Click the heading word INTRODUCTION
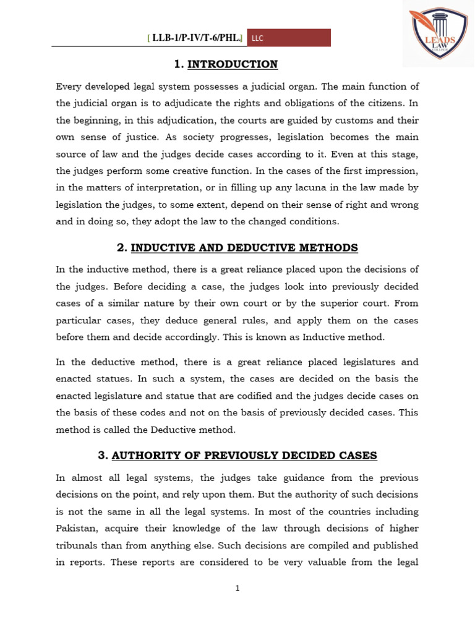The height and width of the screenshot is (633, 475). tap(233, 64)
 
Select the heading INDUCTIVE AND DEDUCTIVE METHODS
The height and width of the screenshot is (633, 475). tap(244, 248)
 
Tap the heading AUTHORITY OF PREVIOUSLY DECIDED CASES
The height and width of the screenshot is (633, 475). tap(244, 456)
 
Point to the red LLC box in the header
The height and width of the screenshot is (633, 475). tap(288, 38)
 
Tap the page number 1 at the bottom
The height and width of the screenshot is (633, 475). tap(237, 588)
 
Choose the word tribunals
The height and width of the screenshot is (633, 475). tap(77, 545)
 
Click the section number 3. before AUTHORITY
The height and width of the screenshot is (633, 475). tap(103, 456)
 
